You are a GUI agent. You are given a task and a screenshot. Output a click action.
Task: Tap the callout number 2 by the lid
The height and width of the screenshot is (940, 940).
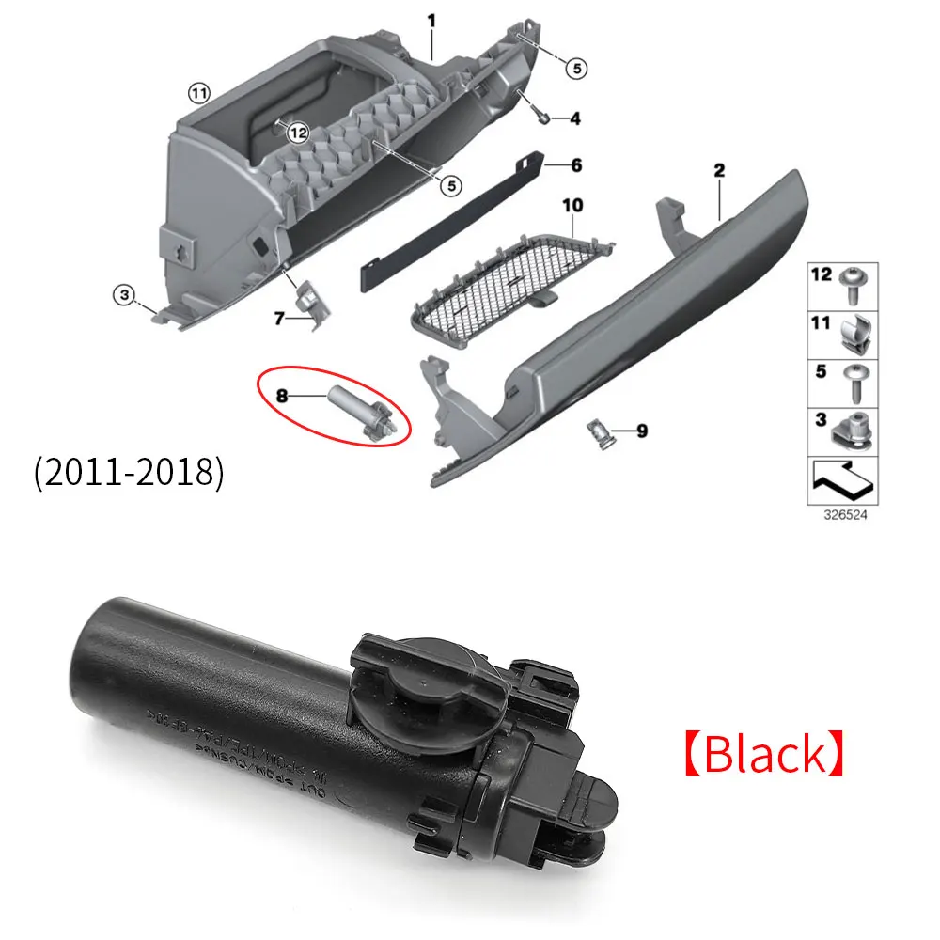(x=719, y=170)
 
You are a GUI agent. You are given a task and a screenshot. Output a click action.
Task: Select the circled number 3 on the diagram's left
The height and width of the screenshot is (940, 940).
(x=123, y=295)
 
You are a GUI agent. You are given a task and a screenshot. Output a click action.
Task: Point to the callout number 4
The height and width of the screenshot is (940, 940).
(x=574, y=119)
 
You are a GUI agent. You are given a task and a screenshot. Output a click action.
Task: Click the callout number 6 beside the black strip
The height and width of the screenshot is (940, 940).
(x=576, y=165)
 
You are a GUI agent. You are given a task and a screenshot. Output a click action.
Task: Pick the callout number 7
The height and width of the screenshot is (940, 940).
(x=279, y=320)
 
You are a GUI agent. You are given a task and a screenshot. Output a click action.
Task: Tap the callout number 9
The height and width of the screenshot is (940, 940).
(x=641, y=431)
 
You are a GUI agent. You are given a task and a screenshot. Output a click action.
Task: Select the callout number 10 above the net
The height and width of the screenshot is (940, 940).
(x=573, y=204)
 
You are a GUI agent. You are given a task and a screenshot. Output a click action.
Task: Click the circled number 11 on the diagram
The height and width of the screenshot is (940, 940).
(x=197, y=92)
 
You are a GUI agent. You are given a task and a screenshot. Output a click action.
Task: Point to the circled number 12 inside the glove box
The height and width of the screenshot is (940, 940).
(x=298, y=133)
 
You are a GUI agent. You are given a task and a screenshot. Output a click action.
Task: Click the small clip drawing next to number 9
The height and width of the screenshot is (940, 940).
(x=599, y=433)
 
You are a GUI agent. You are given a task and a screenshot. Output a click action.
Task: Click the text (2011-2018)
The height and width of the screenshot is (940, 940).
(x=129, y=472)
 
